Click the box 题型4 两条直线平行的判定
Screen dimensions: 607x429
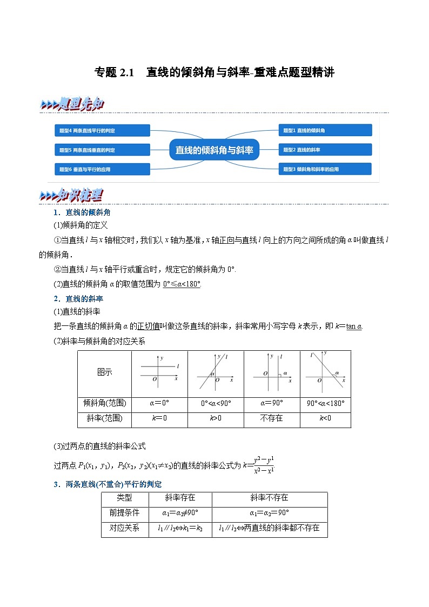tap(102, 130)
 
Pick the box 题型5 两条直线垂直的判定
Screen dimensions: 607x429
tap(102, 150)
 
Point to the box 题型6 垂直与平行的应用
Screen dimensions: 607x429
tap(102, 169)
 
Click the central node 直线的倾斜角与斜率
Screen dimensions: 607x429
tap(214, 150)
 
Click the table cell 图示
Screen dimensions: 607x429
tap(105, 372)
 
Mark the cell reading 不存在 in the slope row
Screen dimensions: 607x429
tap(271, 418)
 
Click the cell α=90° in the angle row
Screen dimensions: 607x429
tap(271, 403)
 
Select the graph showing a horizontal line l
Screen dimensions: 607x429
tap(160, 372)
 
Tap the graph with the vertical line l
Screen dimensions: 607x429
tap(271, 372)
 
